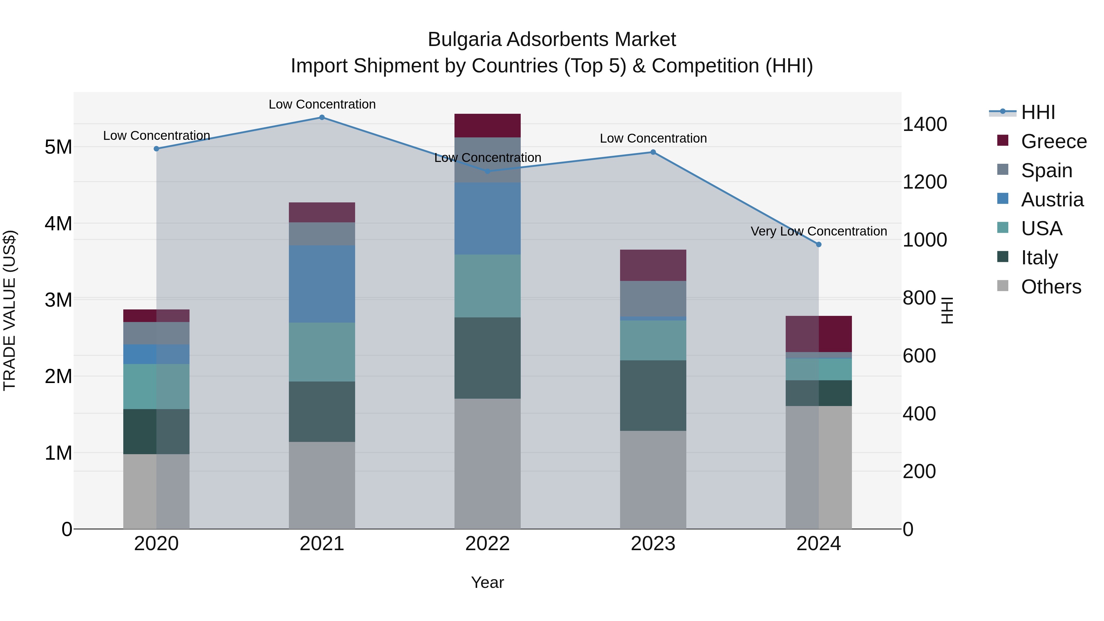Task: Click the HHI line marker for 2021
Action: coord(322,117)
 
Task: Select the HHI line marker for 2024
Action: coord(818,245)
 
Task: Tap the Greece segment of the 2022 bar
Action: coord(487,125)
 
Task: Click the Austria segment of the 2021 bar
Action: coord(322,284)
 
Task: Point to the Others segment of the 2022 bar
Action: coord(487,463)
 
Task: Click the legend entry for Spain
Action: coord(1046,171)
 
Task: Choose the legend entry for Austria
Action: coord(1052,200)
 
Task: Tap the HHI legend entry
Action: coord(1037,112)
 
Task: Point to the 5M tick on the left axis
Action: coord(58,147)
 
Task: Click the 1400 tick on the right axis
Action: coord(924,124)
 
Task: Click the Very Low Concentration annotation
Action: coord(818,232)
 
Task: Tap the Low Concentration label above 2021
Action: coord(322,104)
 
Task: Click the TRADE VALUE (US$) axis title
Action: coord(10,310)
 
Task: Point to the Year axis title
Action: coord(487,582)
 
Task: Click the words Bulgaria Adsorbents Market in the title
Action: coord(552,40)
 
